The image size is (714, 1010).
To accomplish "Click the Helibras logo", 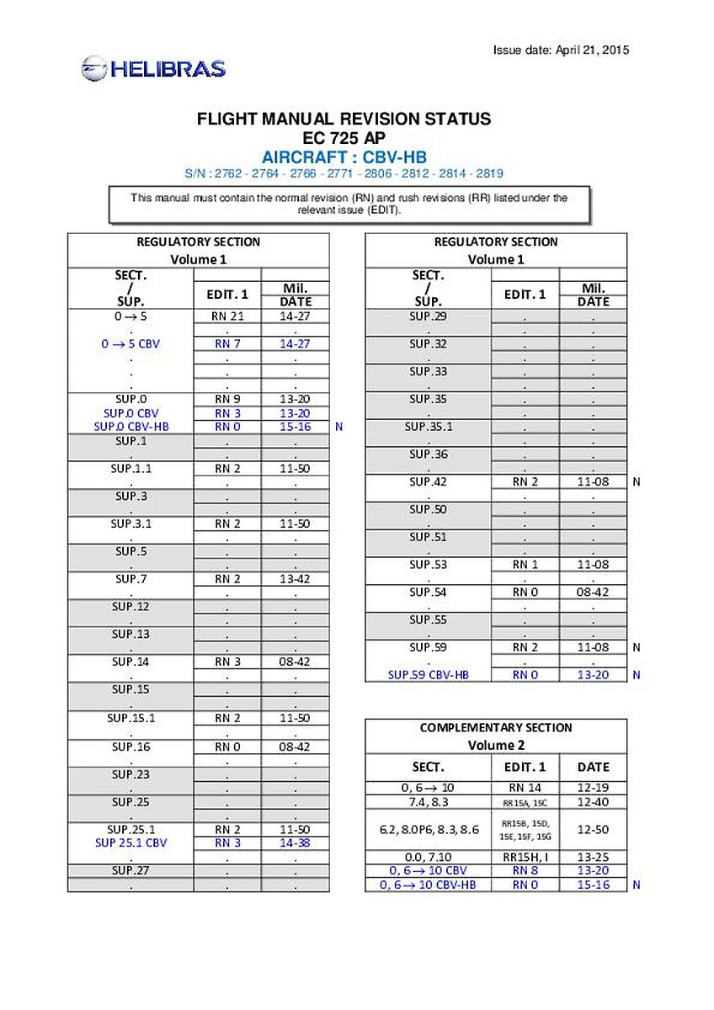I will coord(153,68).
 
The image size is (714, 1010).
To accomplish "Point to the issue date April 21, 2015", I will coord(561,50).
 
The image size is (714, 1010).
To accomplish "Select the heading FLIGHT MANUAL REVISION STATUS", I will coord(344,120).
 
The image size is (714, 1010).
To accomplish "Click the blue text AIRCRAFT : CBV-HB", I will coord(344,157).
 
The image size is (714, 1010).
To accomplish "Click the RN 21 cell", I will coord(227,316).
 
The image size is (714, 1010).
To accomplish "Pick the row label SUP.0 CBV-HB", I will coord(131,427).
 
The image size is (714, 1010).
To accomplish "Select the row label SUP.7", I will coord(131,578).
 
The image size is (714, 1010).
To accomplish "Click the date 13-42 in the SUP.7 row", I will coord(295,578).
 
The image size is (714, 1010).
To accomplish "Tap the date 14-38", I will coord(295,843).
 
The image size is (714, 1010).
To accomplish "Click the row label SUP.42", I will coord(429,482).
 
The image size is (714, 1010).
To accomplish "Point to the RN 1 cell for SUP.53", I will coord(525,565).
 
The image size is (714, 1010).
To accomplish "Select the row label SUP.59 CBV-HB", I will coord(429,675).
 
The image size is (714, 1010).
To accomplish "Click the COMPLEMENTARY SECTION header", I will coord(496,728).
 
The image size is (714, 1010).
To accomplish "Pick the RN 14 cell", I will coord(525,788).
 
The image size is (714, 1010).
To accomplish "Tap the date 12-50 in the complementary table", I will coord(594,829).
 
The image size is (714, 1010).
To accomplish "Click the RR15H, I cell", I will coord(525,857).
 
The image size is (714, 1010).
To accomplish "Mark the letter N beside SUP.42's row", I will coord(637,482).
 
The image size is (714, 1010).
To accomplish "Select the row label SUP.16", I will coord(131,747).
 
